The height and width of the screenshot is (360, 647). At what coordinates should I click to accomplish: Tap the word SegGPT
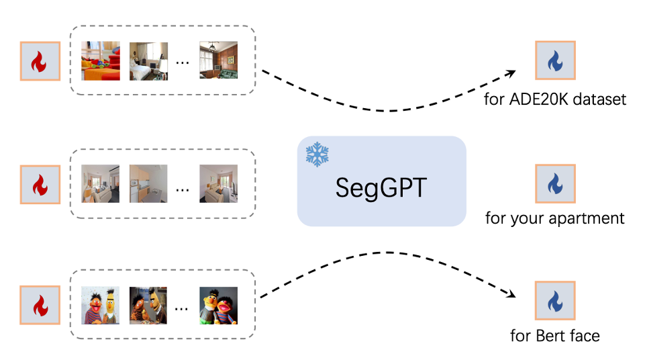(x=381, y=188)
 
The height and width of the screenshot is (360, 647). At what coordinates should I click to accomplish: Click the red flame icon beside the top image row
(x=40, y=62)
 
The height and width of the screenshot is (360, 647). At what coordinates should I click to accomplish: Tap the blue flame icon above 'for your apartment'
(x=555, y=183)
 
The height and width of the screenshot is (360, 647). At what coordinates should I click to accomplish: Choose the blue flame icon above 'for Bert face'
(x=555, y=302)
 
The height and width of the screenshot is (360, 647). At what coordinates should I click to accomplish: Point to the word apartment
(x=591, y=219)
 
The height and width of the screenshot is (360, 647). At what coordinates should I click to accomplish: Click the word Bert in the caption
(x=548, y=335)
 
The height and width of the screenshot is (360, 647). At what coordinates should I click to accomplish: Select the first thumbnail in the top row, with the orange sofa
(x=101, y=61)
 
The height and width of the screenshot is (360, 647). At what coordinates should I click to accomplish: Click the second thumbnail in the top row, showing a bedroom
(x=148, y=61)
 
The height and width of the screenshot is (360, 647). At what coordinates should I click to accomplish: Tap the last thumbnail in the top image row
(x=218, y=61)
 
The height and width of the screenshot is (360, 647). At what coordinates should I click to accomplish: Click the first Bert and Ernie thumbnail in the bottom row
(x=101, y=306)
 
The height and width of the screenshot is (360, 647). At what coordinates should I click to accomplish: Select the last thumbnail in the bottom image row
(x=218, y=306)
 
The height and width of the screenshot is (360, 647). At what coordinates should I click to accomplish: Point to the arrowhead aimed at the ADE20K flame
(x=511, y=72)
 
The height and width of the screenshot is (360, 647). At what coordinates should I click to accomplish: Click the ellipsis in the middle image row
(x=183, y=189)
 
